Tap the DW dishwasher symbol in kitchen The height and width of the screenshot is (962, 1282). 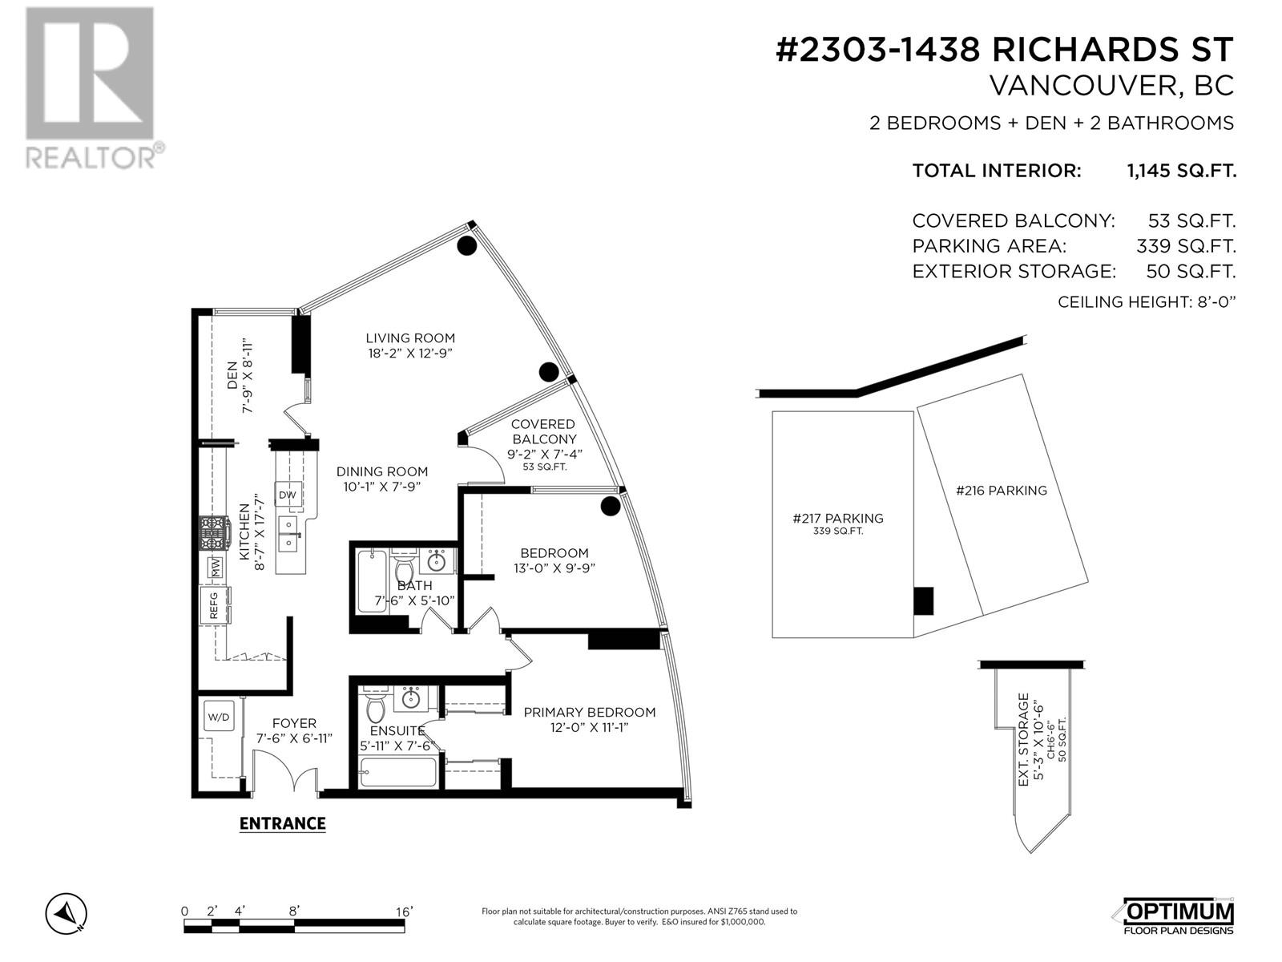pyautogui.click(x=288, y=495)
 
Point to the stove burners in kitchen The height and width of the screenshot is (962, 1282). pyautogui.click(x=214, y=533)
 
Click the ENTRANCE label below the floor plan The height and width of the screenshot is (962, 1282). pyautogui.click(x=282, y=823)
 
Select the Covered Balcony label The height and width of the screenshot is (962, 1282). pyautogui.click(x=543, y=431)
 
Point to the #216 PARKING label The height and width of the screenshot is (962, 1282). pyautogui.click(x=1001, y=491)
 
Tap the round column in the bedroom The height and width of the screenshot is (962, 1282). pyautogui.click(x=610, y=506)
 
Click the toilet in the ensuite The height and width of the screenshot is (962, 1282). pyautogui.click(x=375, y=709)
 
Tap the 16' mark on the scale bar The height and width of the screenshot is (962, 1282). pyautogui.click(x=403, y=912)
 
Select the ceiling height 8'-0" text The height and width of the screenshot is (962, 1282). pyautogui.click(x=1147, y=302)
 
